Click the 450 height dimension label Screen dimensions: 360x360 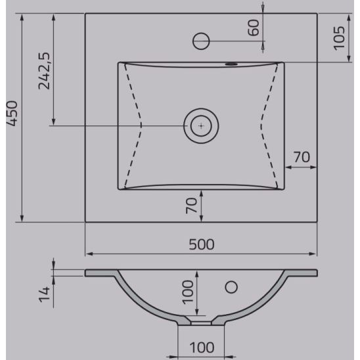click(12, 114)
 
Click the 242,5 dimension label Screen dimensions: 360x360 click(44, 71)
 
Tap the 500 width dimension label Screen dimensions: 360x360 click(202, 244)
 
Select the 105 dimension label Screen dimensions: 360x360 click(340, 38)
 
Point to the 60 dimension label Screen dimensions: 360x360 click(254, 28)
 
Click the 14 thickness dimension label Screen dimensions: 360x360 click(44, 294)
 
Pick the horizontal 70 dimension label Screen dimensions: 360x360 click(302, 157)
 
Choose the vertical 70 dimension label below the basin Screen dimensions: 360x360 click(191, 206)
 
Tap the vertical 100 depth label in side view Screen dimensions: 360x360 click(188, 292)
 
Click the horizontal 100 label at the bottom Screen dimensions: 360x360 click(202, 348)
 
